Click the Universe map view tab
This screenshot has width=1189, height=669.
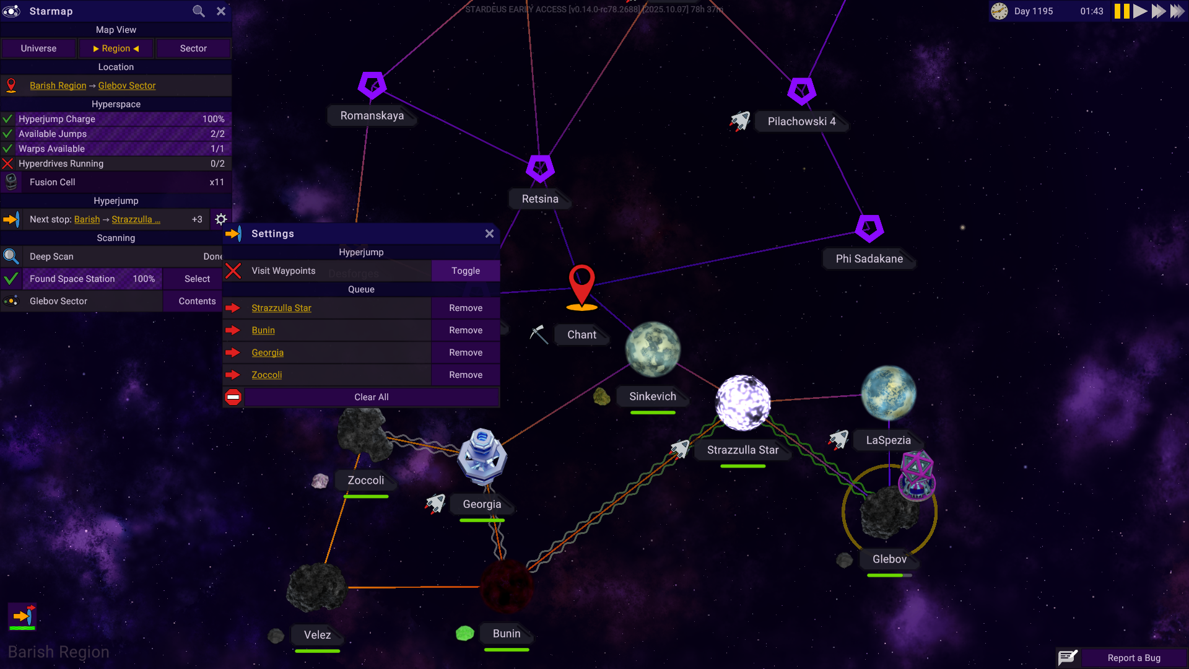point(38,48)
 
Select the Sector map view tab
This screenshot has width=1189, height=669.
point(193,48)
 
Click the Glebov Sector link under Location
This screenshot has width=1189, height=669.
point(127,85)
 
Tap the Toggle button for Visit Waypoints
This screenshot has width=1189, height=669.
point(466,271)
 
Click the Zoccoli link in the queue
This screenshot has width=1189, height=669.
point(267,375)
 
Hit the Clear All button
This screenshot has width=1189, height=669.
point(372,397)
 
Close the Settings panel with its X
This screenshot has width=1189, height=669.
point(489,234)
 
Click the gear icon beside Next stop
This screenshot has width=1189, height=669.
point(221,219)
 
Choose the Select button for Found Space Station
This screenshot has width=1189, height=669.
point(197,279)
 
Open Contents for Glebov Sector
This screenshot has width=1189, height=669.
point(197,301)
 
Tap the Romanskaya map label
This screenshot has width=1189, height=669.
point(372,116)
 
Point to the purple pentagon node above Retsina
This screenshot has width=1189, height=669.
point(540,168)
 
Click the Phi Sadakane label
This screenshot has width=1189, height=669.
point(869,259)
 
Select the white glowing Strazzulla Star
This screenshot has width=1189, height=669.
point(743,403)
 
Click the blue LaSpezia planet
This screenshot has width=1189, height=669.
point(889,393)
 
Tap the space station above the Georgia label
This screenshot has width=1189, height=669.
point(482,457)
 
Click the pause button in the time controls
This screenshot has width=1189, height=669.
point(1121,11)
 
